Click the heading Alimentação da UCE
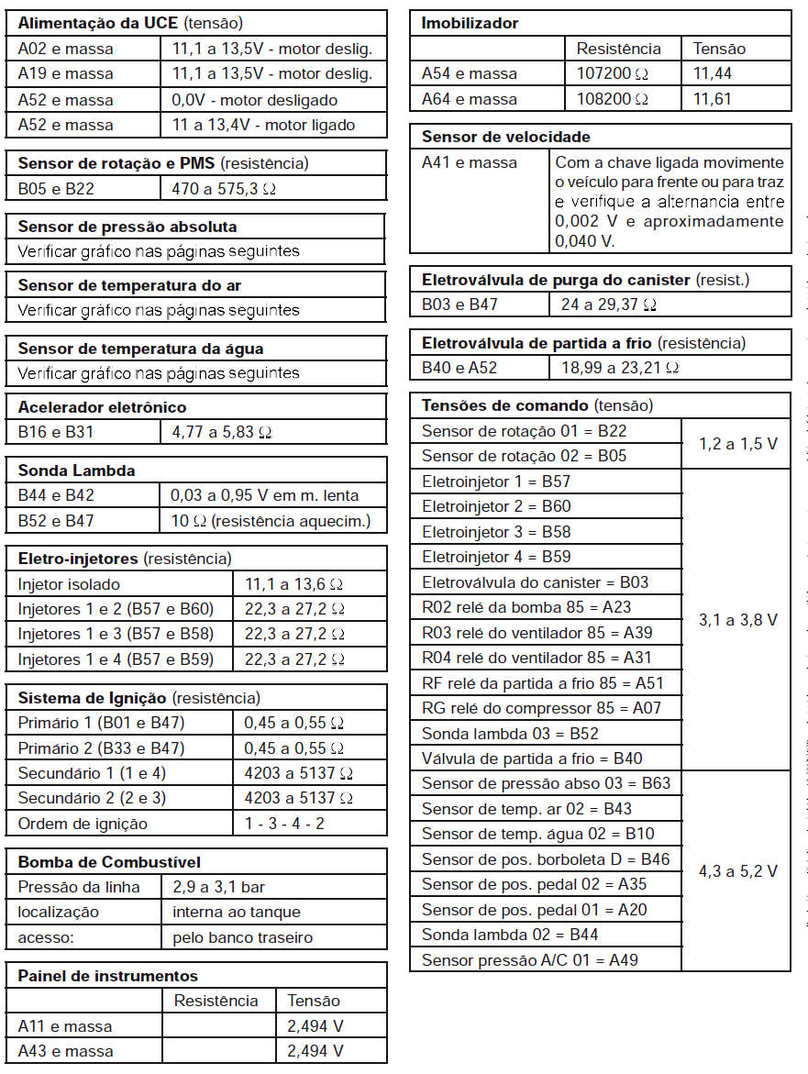point(98,23)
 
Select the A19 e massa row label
point(66,73)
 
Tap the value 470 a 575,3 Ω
point(223,189)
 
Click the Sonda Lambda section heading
point(77,471)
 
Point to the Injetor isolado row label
point(69,583)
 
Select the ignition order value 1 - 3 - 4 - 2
point(284,823)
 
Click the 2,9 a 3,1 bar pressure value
point(219,887)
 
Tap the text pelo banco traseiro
point(242,937)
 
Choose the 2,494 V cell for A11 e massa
point(315,1025)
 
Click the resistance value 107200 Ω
point(612,73)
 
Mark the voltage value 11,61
point(712,99)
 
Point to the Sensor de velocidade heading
point(505,137)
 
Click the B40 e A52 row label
point(459,368)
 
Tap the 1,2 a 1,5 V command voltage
point(737,443)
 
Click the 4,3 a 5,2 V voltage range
point(737,871)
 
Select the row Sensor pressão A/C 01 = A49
point(530,959)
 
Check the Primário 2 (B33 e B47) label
point(101,747)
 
